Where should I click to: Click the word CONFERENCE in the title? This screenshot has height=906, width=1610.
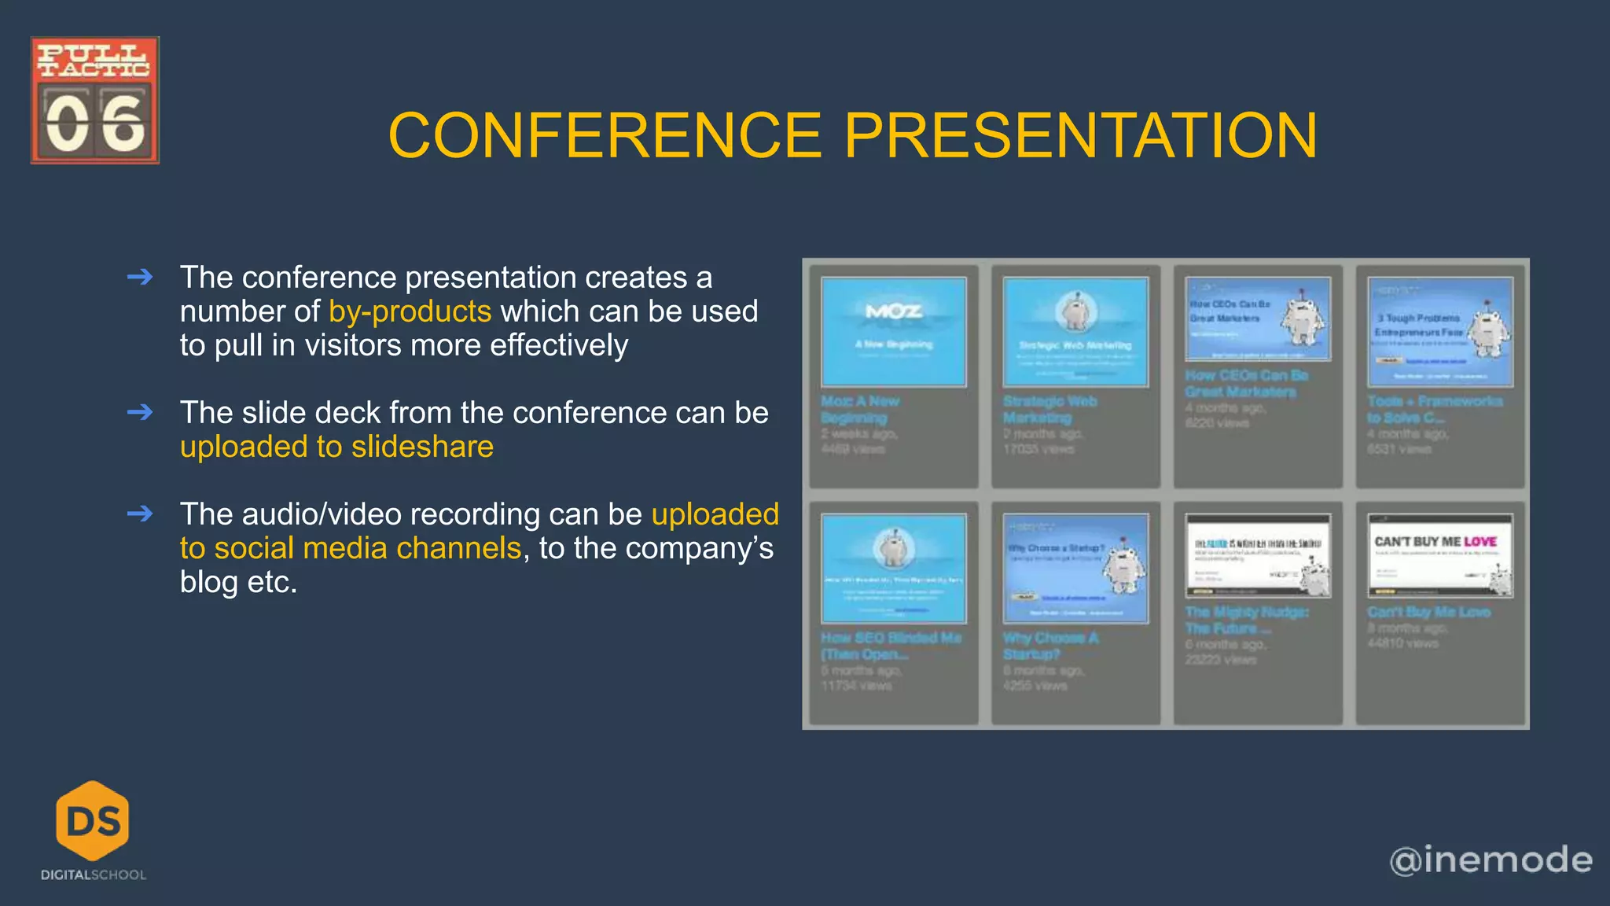tap(605, 135)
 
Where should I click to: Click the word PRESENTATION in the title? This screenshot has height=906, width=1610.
tap(1080, 135)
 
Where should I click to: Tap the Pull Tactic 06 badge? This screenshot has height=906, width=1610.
tap(95, 100)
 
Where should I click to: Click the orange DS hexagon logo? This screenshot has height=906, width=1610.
tap(93, 820)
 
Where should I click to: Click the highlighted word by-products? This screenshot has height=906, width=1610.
tap(410, 311)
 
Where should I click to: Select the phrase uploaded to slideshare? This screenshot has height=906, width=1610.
tap(336, 447)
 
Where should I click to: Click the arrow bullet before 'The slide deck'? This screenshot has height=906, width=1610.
tap(140, 412)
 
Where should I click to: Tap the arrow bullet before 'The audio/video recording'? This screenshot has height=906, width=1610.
tap(140, 514)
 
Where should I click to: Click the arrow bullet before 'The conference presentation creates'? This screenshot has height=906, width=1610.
tap(140, 277)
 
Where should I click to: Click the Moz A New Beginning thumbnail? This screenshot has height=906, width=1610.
tap(893, 331)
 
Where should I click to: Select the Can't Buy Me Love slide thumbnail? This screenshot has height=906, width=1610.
tap(1439, 555)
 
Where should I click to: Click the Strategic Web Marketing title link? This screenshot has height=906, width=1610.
tap(1049, 409)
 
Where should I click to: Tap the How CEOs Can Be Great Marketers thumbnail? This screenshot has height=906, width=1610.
tap(1257, 319)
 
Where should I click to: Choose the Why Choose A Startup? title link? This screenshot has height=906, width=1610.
tap(1049, 646)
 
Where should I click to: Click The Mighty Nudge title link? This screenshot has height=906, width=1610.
tap(1246, 620)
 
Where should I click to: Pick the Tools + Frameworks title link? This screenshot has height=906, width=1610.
tap(1434, 409)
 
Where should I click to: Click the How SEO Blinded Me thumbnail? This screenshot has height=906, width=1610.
tap(893, 568)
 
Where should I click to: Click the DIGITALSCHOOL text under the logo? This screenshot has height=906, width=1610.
tap(94, 875)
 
